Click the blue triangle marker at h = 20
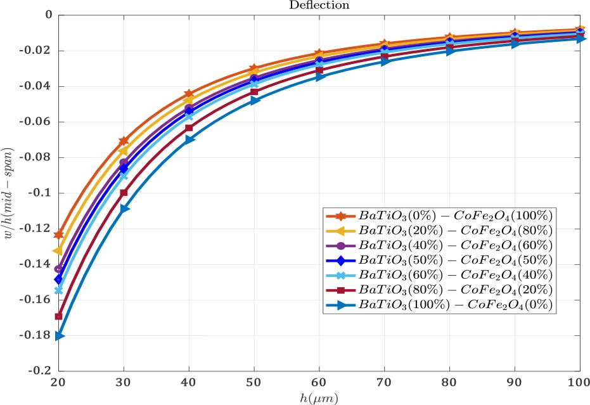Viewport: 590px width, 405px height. [60, 336]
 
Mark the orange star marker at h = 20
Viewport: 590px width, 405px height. [59, 235]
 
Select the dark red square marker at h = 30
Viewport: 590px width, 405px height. [124, 193]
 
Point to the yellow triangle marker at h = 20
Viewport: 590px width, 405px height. [58, 250]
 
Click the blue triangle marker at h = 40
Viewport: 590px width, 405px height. [189, 139]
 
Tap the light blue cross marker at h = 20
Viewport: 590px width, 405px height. [59, 290]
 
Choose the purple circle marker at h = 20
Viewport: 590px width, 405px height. [59, 269]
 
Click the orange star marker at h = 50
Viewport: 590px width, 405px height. [254, 68]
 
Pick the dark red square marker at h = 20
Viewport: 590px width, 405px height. [59, 316]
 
